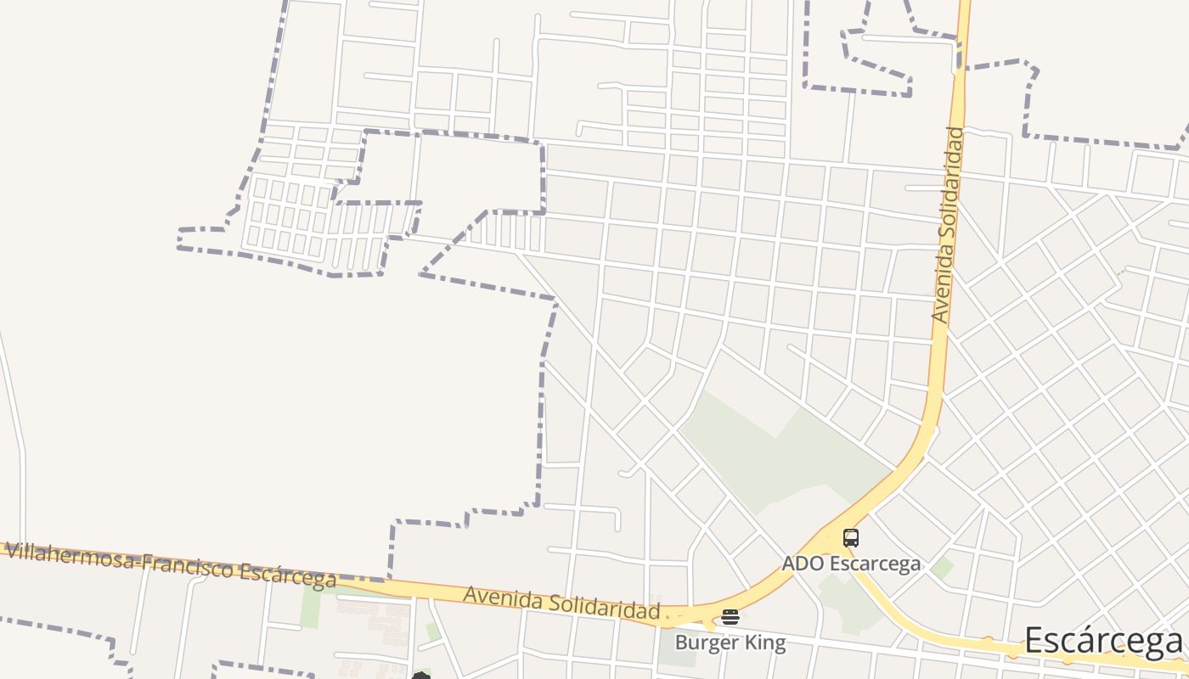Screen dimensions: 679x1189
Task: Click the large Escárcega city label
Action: (x=1103, y=642)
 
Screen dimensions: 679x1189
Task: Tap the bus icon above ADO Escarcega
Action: (x=850, y=537)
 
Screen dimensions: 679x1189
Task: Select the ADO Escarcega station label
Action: (x=851, y=564)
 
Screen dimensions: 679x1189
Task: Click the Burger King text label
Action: (x=730, y=643)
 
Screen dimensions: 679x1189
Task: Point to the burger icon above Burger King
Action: (x=730, y=617)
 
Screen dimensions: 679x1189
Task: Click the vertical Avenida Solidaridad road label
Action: (x=948, y=225)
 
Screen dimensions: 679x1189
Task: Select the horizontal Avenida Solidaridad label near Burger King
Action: (x=561, y=603)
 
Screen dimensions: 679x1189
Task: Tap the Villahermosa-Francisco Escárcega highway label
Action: (x=170, y=565)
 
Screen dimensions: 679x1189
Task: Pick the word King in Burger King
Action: (x=766, y=643)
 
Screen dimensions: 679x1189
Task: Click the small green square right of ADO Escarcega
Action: (x=942, y=568)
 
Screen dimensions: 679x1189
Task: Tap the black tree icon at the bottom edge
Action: (x=421, y=676)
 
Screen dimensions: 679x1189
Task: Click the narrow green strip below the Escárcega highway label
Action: (x=311, y=606)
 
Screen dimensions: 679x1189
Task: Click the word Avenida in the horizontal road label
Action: (x=497, y=598)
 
